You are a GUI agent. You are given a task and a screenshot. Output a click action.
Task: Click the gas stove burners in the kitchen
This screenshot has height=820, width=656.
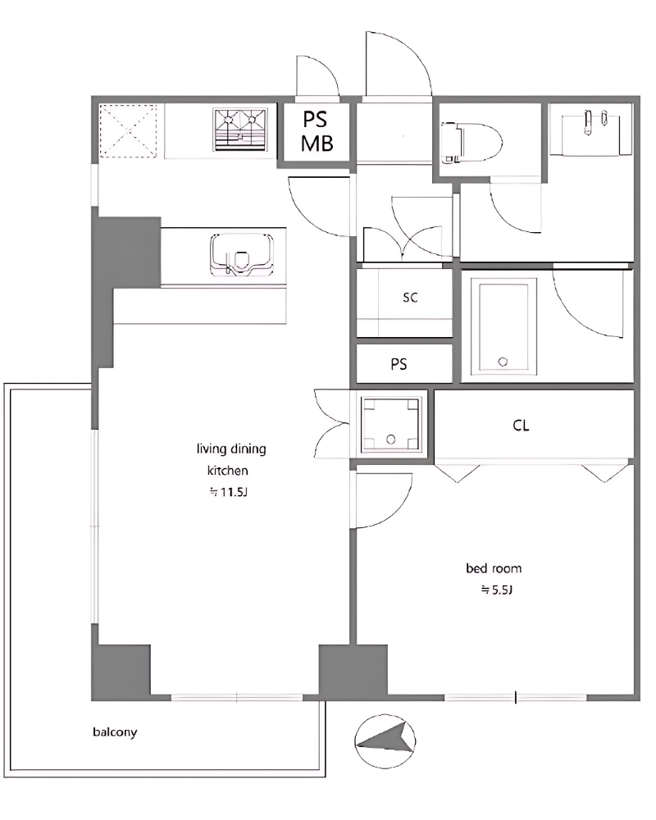pos(240,130)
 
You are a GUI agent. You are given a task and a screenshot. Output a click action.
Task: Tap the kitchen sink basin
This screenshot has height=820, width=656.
pos(242,254)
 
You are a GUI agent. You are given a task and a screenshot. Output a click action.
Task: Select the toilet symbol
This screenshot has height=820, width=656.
pos(471,142)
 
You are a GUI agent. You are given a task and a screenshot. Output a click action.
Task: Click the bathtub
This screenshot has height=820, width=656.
pos(503,327)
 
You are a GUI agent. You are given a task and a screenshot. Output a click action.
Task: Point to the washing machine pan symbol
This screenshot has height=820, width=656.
pos(391,424)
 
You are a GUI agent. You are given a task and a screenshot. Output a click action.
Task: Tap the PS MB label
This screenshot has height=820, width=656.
pos(317,131)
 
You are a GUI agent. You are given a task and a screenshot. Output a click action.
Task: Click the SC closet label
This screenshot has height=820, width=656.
pos(411,298)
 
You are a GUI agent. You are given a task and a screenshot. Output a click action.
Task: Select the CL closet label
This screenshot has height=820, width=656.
pos(521,426)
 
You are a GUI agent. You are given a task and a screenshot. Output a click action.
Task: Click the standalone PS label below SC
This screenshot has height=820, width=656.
pos(399,364)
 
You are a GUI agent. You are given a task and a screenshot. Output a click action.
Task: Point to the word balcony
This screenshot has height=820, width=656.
pos(115,732)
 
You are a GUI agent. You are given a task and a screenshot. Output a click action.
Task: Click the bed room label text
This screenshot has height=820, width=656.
pos(494,568)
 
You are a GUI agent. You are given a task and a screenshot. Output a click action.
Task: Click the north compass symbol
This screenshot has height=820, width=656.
pos(385,741)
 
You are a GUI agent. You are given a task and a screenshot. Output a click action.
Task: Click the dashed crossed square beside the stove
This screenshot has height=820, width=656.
pos(128,130)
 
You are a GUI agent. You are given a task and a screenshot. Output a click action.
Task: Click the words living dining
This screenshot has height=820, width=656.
pos(231,449)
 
